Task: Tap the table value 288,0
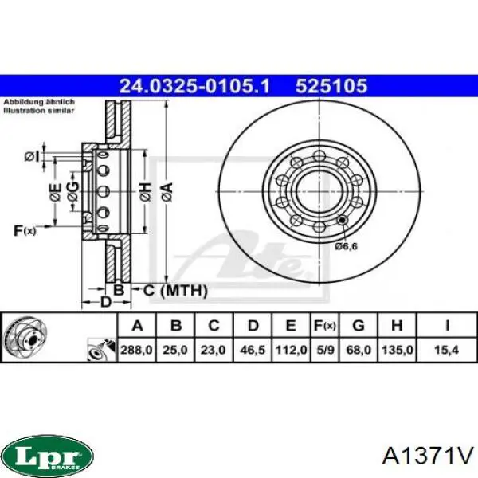[x=136, y=350]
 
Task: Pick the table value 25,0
[x=177, y=350]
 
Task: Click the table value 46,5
[x=254, y=350]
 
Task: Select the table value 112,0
[x=292, y=350]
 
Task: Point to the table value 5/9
[x=324, y=350]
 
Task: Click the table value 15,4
[x=445, y=350]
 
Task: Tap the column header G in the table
[x=359, y=325]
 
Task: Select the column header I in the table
[x=445, y=325]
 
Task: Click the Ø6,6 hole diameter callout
[x=346, y=248]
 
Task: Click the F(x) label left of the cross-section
[x=25, y=231]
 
